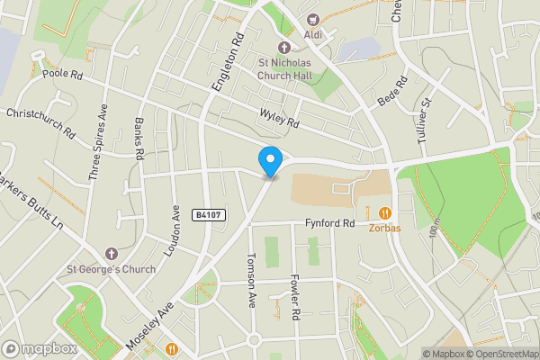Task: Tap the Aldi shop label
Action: tap(313, 35)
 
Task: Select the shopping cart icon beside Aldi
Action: tap(313, 19)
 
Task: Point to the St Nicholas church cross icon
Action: tap(284, 47)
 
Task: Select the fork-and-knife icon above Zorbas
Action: tap(384, 213)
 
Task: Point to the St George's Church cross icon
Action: tap(111, 254)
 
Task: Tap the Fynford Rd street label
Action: tap(330, 222)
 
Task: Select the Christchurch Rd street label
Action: tap(40, 121)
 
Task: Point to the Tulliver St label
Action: tap(424, 121)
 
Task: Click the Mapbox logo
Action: tap(38, 348)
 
